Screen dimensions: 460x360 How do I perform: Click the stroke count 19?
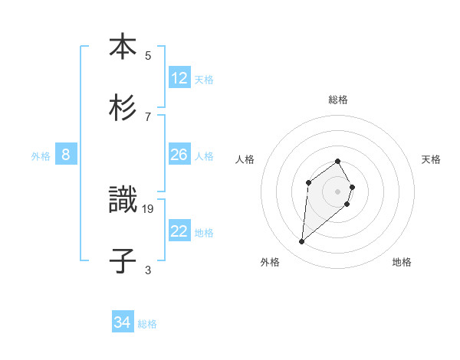[x=148, y=208]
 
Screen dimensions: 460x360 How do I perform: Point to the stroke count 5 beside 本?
[x=148, y=55]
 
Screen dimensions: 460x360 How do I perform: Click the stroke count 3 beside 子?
[x=148, y=270]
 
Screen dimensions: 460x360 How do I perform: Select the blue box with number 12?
[x=179, y=78]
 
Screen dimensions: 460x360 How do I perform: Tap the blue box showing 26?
[x=179, y=155]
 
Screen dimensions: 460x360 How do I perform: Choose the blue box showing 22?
[x=179, y=231]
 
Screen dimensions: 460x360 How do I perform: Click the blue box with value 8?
[x=66, y=155]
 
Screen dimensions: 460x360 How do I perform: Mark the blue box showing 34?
[x=123, y=322]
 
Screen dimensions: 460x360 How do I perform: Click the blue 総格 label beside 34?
[x=147, y=324]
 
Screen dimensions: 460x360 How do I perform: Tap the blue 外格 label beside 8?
[x=41, y=156]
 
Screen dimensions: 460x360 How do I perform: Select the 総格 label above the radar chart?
[x=337, y=100]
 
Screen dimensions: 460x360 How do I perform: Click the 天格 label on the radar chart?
[x=431, y=159]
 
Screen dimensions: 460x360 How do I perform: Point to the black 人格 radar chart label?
[x=245, y=159]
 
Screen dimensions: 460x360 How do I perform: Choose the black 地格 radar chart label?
[x=402, y=262]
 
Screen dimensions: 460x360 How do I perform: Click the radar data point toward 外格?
[x=302, y=242]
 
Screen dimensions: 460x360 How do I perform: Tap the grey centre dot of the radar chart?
[x=337, y=191]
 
